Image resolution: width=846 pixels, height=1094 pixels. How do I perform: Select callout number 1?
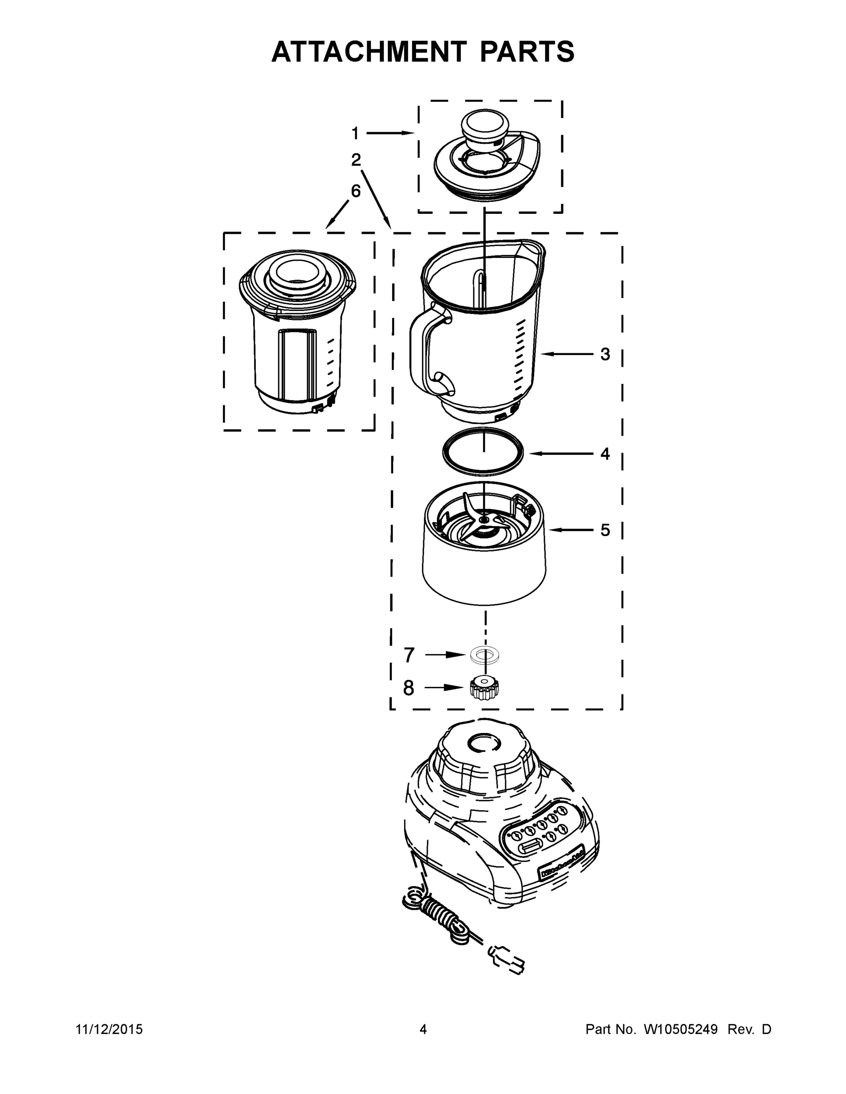click(x=355, y=133)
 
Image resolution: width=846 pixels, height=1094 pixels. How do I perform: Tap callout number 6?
click(x=355, y=191)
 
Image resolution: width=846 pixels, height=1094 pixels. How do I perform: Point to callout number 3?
click(x=605, y=354)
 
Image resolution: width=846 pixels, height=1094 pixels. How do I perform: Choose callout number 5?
click(x=605, y=530)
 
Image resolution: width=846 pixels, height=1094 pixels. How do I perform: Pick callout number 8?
click(x=409, y=688)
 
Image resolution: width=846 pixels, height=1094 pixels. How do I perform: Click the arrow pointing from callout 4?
click(x=561, y=454)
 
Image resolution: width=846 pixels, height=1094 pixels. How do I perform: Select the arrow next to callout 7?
click(x=445, y=654)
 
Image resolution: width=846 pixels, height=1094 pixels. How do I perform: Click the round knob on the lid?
click(x=483, y=127)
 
